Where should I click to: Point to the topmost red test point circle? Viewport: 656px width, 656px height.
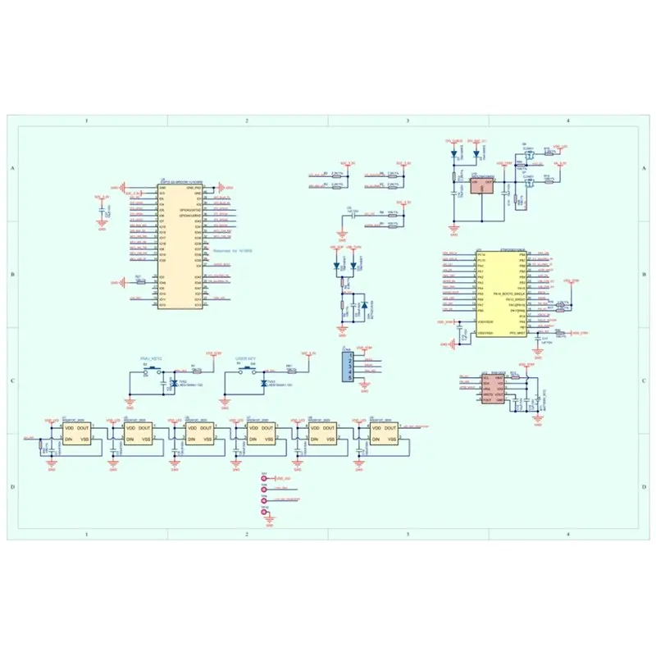(264, 478)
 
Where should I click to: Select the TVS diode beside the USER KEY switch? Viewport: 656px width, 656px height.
(265, 383)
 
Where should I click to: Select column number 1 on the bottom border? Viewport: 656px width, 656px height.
(86, 534)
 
